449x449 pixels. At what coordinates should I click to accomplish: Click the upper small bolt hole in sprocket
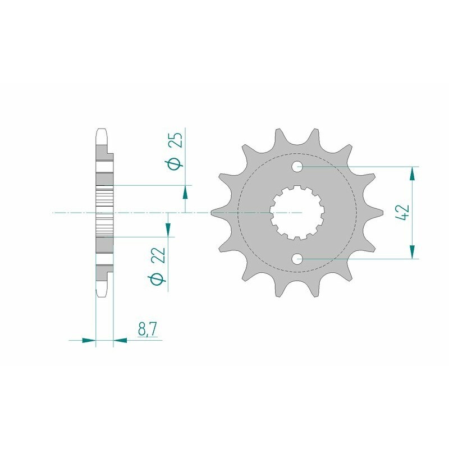(297, 167)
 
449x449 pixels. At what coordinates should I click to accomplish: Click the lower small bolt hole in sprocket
(297, 259)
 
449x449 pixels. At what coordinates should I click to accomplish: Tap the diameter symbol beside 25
(175, 163)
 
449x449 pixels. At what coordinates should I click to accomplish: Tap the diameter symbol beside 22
(158, 279)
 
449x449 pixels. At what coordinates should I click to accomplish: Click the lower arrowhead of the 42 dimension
(413, 252)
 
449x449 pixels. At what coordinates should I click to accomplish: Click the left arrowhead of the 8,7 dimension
(89, 340)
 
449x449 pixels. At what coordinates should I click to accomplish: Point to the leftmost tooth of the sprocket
(217, 213)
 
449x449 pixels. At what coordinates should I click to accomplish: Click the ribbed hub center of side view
(104, 213)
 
